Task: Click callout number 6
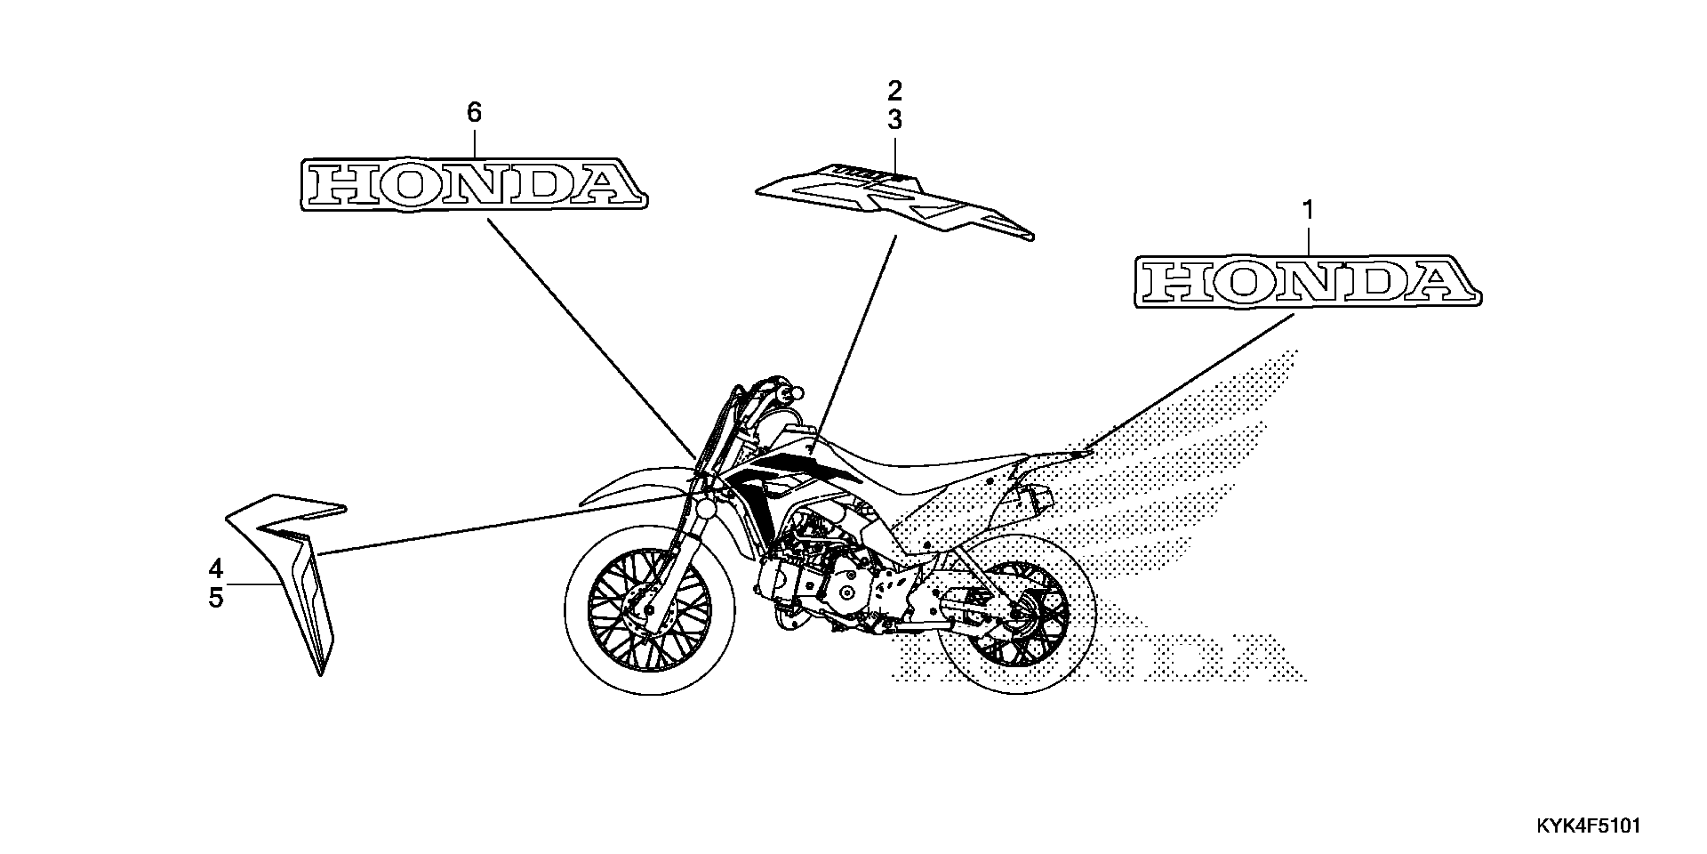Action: tap(474, 113)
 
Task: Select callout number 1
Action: tap(1307, 211)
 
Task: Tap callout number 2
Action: tap(895, 90)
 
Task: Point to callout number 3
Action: tap(895, 120)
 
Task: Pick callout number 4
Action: tap(215, 569)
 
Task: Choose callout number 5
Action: tap(215, 598)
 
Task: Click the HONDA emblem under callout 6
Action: tap(474, 184)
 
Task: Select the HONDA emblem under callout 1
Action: tap(1307, 281)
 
